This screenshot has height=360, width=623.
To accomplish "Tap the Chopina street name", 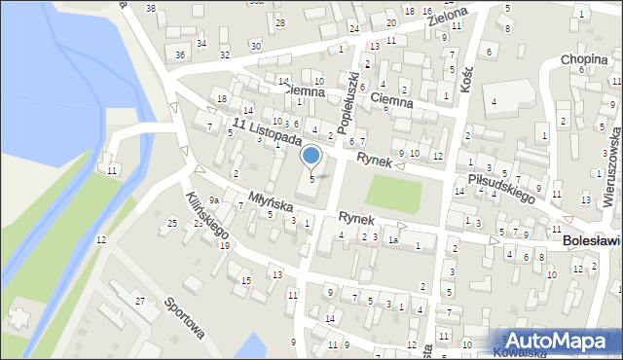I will (584, 60).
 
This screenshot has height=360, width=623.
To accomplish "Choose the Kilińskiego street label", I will (208, 215).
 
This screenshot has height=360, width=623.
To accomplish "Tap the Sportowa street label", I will (184, 318).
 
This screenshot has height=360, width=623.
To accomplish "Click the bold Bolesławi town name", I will (592, 238).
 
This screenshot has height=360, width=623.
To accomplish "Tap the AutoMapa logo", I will (561, 341).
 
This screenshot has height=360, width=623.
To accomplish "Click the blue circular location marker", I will (311, 155).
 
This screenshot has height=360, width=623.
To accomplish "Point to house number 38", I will (150, 8).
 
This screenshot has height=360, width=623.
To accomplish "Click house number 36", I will (179, 54).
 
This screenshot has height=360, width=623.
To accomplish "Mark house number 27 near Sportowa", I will (139, 302).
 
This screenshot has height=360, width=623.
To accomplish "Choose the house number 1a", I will (393, 239).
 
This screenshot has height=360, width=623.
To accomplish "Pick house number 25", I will (172, 224).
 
